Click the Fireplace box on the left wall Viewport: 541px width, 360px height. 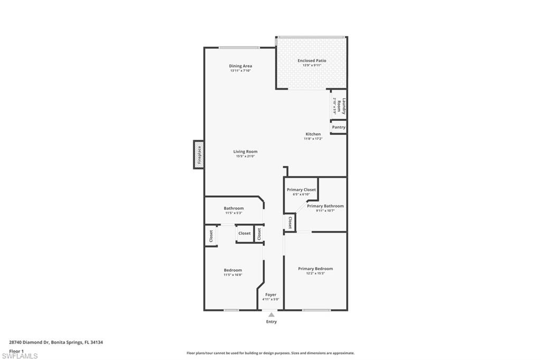199,155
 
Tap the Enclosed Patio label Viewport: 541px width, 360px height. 312,61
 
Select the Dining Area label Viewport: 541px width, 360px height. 240,66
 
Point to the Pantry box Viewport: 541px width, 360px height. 339,127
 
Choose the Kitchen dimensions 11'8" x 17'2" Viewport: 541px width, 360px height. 313,139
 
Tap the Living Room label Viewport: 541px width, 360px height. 245,151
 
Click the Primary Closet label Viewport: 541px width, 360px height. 301,190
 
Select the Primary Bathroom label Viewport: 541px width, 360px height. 325,206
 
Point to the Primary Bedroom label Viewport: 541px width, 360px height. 315,269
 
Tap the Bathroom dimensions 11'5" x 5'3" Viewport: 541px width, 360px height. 234,213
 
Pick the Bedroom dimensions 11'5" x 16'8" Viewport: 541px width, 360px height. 232,275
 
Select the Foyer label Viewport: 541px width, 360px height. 270,295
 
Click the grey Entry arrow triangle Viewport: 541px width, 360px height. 271,315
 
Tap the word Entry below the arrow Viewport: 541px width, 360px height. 271,321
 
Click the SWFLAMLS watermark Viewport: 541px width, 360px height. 20,356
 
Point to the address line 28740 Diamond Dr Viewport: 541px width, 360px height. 56,342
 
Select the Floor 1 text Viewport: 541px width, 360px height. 16,350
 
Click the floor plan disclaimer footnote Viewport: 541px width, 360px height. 270,353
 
